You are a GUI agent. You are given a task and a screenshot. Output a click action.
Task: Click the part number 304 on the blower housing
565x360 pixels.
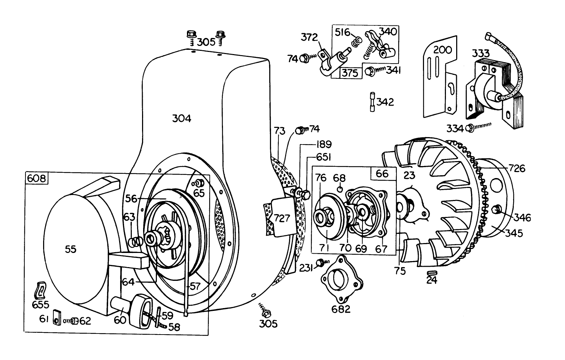182,119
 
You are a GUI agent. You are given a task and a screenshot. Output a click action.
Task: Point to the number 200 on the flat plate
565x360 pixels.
442,50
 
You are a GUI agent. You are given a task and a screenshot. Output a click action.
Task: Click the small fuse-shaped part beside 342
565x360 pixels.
372,102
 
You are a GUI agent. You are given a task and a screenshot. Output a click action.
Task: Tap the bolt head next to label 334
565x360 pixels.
470,128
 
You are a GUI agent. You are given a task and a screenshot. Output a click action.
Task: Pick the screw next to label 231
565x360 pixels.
320,262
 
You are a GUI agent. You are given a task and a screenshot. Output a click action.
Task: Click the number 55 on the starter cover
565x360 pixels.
71,249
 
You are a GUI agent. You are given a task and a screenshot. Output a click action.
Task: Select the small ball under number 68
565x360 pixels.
340,189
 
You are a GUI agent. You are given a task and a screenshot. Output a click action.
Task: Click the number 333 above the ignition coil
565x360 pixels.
481,53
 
